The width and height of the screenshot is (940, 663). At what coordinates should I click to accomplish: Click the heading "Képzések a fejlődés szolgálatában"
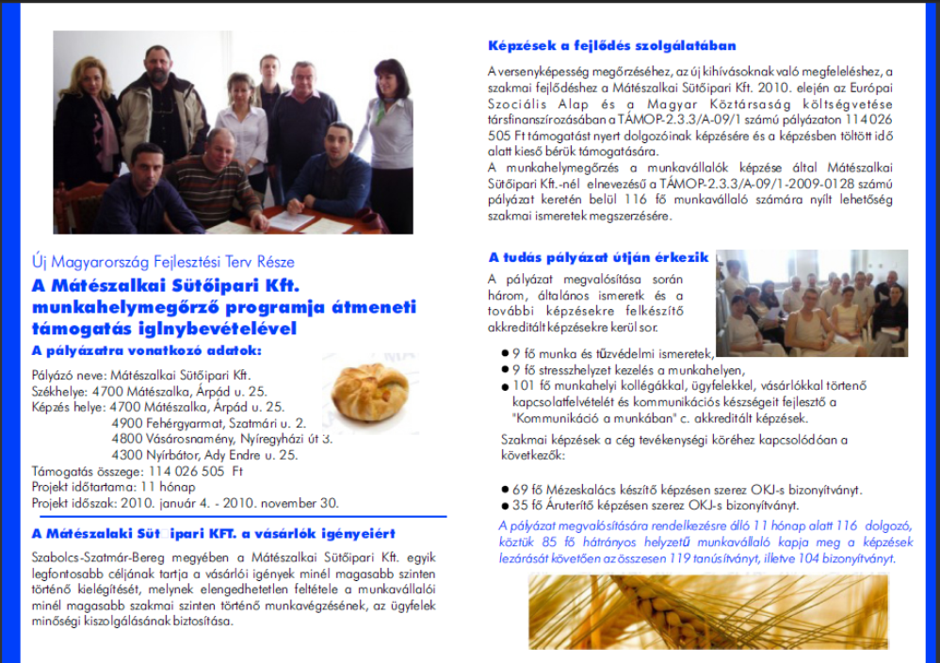(612, 45)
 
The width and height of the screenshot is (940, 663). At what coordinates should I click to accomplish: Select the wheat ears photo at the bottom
(707, 612)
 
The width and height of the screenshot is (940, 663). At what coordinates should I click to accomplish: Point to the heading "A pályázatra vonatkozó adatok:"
(148, 351)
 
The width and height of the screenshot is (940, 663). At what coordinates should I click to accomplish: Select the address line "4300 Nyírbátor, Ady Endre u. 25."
(204, 455)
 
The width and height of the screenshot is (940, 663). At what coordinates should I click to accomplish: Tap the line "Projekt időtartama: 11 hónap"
(113, 487)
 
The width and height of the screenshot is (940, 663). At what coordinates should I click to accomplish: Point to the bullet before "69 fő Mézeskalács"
(505, 490)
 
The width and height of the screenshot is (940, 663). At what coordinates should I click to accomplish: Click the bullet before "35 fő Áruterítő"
(505, 505)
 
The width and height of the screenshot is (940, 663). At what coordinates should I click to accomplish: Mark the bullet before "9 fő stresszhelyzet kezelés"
(505, 370)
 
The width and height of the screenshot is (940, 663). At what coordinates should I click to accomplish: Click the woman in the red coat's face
(389, 78)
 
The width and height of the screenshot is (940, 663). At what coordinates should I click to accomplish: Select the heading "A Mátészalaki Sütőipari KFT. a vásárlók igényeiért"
(213, 534)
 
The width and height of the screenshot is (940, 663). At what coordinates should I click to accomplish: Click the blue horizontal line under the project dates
(226, 516)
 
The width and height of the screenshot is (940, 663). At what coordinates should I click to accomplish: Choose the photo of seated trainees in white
(811, 302)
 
